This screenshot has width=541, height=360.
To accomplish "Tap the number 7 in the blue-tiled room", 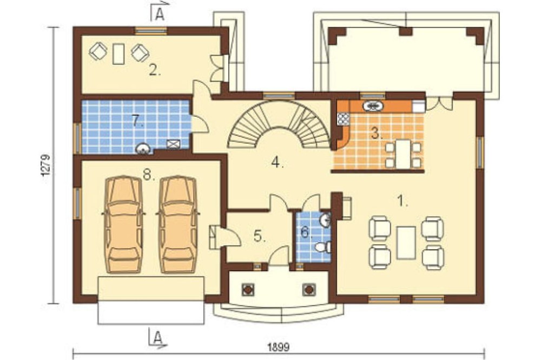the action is pos(137,121).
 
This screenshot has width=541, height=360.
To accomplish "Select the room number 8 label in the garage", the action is pos(149,175).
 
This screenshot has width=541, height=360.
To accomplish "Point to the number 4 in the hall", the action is pos(277,162).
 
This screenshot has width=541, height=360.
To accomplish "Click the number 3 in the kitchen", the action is pos(377,133).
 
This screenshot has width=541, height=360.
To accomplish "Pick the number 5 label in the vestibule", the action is pos(260,236).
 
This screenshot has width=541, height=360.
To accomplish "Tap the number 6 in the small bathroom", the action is pos(306,232).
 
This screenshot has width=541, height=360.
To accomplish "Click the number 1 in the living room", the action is pos(402,201).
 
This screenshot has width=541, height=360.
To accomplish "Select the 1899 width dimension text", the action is pos(279,347).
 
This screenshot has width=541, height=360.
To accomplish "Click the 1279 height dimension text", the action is pos(46,165).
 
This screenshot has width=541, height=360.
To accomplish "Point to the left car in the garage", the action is pos(123,224).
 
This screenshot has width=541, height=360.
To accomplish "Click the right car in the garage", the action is pos(177,224).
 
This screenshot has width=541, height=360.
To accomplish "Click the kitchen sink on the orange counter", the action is pos(373,106).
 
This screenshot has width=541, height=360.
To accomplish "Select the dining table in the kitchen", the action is pos(403,154).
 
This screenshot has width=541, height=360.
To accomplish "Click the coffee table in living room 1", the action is pos(406,243).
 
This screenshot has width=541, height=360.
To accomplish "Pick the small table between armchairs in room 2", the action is pos(118,54).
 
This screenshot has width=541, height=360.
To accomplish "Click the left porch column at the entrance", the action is pos(248,290).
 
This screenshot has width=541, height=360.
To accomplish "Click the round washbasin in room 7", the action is pos(142,149).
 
